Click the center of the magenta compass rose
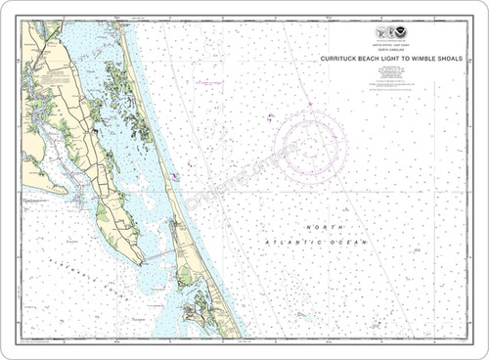tap(310, 147)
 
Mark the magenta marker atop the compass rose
tap(310, 105)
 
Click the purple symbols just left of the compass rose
tap(269, 117)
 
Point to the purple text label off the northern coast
tap(209, 83)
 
